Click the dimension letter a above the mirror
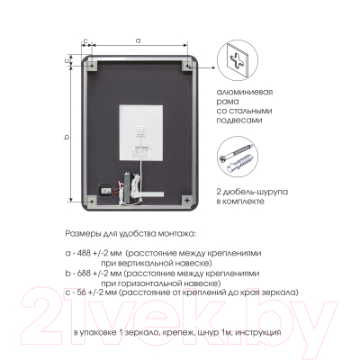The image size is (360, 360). (138, 40)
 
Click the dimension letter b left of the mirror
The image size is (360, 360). (67, 137)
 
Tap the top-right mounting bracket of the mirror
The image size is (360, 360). (187, 66)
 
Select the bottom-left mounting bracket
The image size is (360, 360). (92, 201)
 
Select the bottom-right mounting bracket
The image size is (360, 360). (187, 201)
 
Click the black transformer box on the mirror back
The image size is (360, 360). (104, 190)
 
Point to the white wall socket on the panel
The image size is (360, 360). (141, 131)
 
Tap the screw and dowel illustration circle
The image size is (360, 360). (238, 156)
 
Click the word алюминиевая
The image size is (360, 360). (245, 92)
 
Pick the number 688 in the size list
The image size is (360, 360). (83, 274)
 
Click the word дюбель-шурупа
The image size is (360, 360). (255, 192)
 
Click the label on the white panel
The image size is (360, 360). (142, 151)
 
